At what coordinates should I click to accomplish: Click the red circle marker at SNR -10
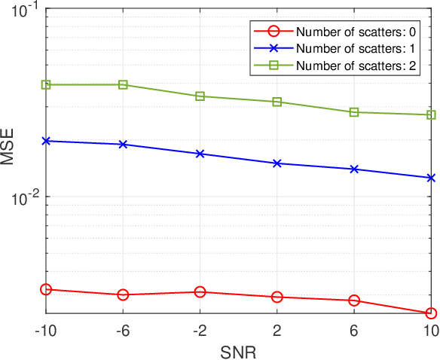tap(46, 289)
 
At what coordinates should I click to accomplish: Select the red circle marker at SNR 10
tap(431, 313)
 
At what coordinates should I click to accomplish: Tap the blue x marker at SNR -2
tap(200, 154)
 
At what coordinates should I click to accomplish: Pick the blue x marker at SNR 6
tap(354, 169)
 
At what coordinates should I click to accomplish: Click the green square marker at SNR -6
tap(124, 84)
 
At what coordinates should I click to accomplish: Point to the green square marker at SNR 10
tap(431, 114)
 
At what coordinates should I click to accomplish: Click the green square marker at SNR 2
tap(277, 102)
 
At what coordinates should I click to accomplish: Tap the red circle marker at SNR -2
tap(200, 291)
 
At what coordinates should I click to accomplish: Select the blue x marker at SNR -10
tap(46, 141)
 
